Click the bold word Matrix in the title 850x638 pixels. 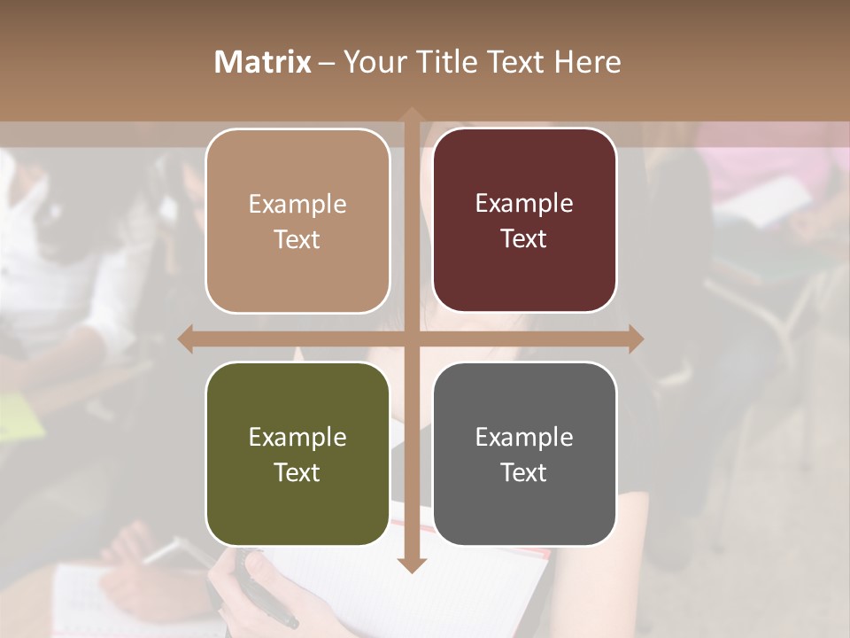tap(263, 62)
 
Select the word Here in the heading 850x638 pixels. tap(587, 62)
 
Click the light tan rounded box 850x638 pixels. tap(297, 221)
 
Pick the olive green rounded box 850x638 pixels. tap(297, 455)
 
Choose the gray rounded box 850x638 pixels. tap(524, 454)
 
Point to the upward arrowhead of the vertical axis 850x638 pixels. tap(411, 116)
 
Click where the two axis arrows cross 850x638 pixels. tap(411, 338)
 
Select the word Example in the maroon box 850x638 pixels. tap(524, 203)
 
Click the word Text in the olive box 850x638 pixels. tap(297, 472)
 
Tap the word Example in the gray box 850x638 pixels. tap(524, 437)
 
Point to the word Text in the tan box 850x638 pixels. tap(297, 239)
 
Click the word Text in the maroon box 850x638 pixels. tap(524, 238)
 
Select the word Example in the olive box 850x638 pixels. tap(297, 437)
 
